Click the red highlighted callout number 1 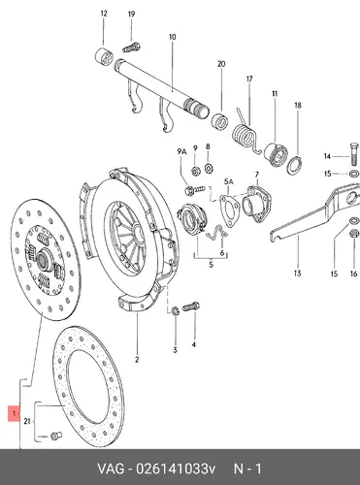point(14,413)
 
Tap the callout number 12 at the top point(104,14)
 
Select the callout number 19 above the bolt point(131,15)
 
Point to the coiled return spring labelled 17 point(246,134)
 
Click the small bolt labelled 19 point(131,48)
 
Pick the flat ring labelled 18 point(295,165)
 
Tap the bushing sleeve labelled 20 point(220,121)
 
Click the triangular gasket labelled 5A point(229,210)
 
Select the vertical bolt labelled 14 point(354,153)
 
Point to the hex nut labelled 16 point(354,233)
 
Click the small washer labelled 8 point(209,169)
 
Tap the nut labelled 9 point(195,172)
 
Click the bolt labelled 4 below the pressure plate point(191,307)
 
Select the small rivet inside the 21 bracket point(56,436)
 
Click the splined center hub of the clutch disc point(43,260)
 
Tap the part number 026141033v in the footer point(176,469)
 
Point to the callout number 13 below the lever point(298,274)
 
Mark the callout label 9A point(181,151)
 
